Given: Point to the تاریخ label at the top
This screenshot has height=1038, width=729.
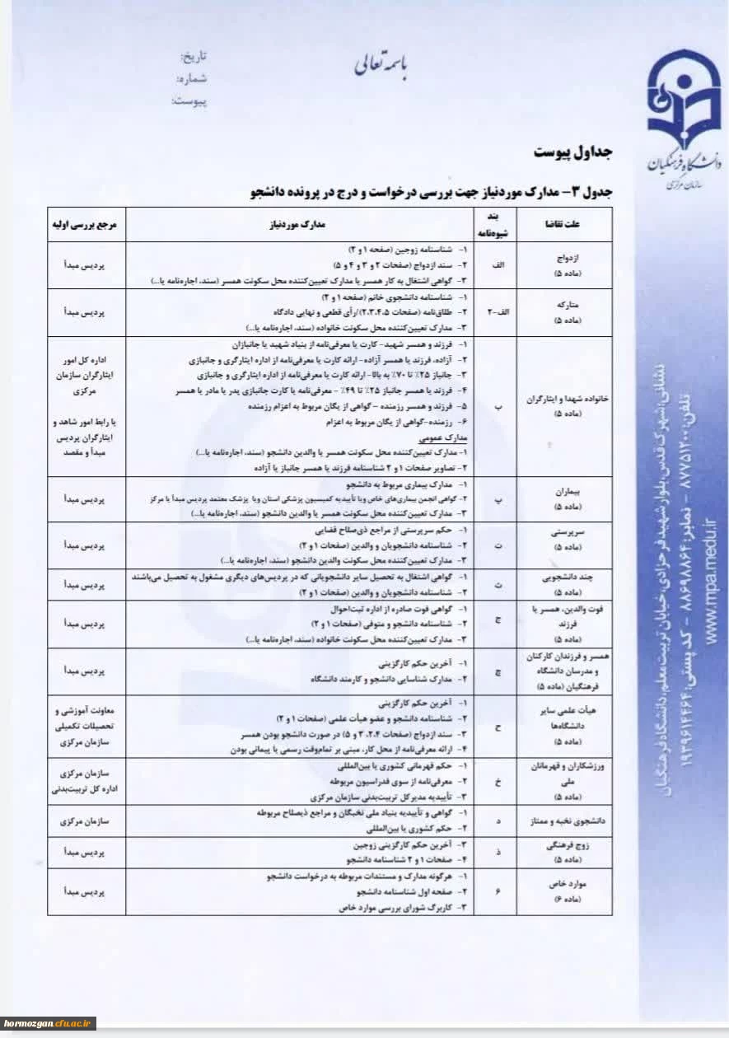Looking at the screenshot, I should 194,57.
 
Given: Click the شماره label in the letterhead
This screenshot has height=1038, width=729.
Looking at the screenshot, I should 192,79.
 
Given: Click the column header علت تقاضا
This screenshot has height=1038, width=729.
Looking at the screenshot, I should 564,223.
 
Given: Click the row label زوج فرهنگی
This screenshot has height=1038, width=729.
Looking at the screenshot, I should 564,846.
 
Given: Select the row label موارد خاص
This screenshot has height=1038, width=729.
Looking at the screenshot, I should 564,885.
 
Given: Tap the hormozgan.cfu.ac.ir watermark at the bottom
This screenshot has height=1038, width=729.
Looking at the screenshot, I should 49,1023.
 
